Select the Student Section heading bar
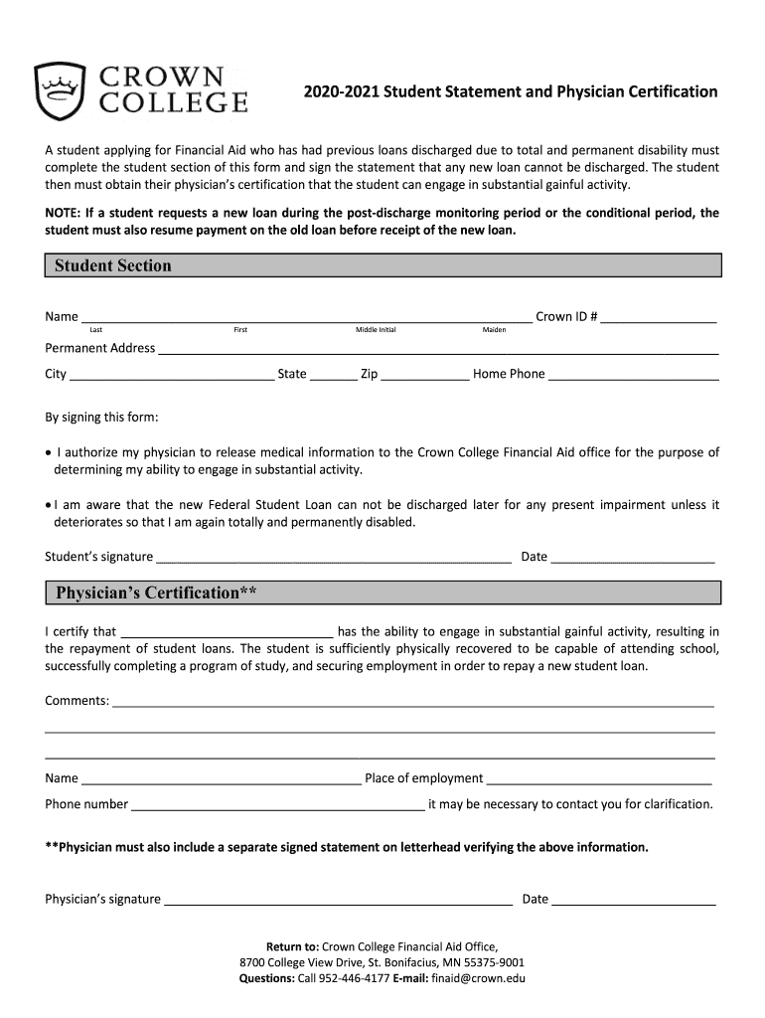(382, 265)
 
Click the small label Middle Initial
(376, 329)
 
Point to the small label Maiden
(494, 329)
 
